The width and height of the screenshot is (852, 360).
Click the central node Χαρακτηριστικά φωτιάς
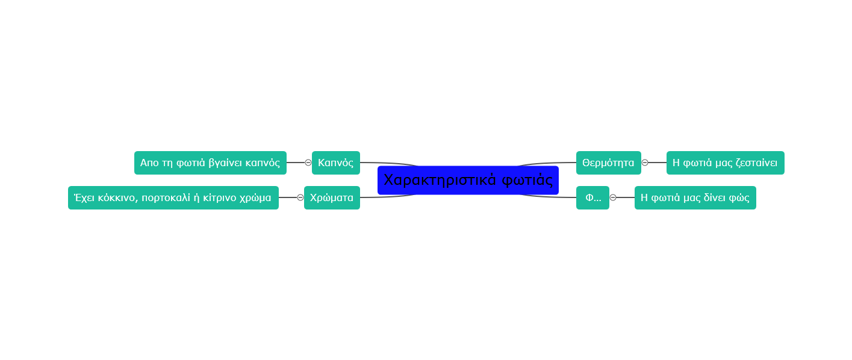[468, 180]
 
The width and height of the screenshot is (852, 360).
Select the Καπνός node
[335, 163]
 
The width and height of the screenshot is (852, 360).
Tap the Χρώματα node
[332, 197]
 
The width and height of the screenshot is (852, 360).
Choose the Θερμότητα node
[608, 163]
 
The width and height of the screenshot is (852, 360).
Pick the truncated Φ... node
[592, 197]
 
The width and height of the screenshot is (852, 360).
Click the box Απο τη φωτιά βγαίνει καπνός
[210, 163]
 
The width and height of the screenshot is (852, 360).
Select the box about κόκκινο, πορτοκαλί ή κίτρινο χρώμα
[173, 197]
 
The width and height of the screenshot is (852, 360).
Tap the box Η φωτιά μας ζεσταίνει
[725, 163]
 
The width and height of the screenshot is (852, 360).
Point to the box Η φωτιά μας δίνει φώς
[695, 197]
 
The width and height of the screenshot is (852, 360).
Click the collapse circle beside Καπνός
[308, 163]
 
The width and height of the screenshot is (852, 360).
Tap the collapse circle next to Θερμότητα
[645, 163]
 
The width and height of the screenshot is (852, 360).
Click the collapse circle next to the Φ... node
[613, 197]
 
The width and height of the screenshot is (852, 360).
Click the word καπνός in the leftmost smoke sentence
[263, 163]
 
